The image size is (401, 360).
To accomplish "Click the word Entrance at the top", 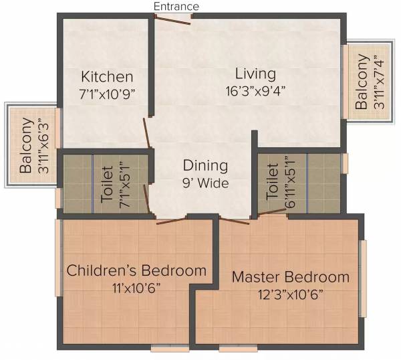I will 176,6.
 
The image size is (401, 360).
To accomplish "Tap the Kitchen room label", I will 107,76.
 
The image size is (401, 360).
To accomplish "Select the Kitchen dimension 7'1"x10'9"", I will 107,94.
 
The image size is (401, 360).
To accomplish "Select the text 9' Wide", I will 206,183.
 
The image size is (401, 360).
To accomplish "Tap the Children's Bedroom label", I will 136,271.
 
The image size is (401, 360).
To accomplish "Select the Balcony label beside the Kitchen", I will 26,146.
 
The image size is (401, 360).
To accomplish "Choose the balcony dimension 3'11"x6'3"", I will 43,146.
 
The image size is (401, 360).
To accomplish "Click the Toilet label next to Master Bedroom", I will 272,182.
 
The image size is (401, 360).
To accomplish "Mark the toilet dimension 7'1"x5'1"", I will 123,182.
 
